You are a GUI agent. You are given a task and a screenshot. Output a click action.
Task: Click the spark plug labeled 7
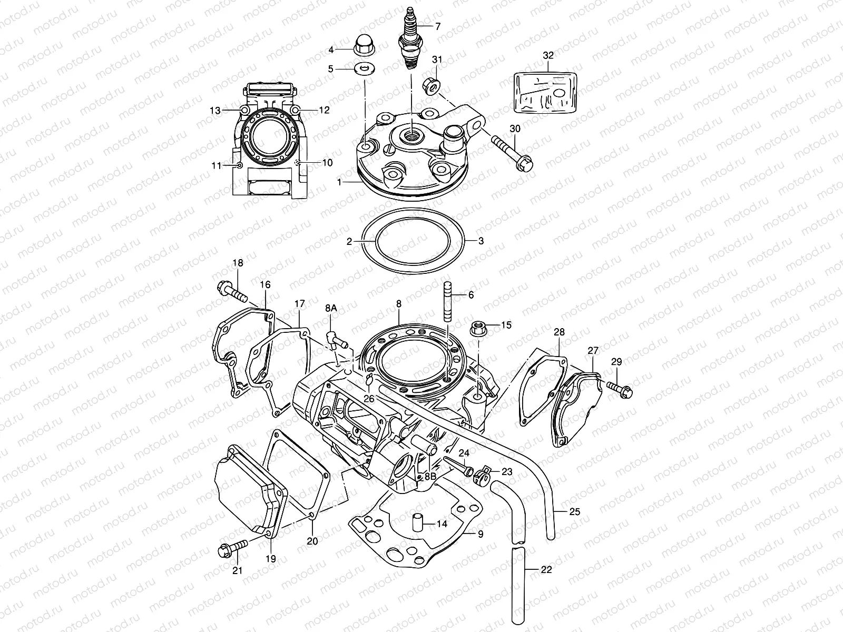pyautogui.click(x=410, y=39)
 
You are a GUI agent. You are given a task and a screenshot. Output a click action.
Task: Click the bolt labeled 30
pyautogui.click(x=513, y=149)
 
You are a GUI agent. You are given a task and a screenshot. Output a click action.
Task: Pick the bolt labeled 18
pyautogui.click(x=231, y=292)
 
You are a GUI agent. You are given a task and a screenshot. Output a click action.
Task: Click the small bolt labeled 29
pyautogui.click(x=620, y=388)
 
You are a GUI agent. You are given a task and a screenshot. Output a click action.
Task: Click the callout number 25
pyautogui.click(x=574, y=511)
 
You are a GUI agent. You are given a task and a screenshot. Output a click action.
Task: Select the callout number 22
pyautogui.click(x=546, y=569)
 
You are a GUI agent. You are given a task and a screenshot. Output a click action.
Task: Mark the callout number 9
pyautogui.click(x=480, y=534)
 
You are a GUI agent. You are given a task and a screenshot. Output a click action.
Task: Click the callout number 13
pyautogui.click(x=215, y=110)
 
